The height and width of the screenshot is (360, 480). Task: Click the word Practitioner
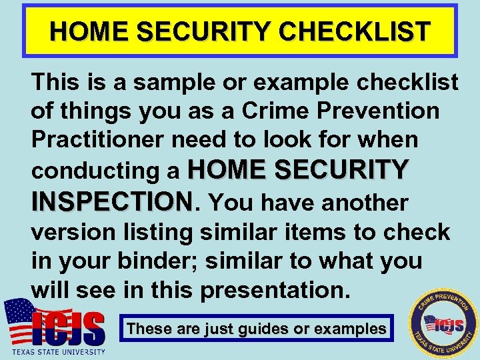click(100, 140)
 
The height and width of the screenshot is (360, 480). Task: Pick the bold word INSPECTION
click(111, 201)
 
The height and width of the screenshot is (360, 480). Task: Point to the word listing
click(160, 232)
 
